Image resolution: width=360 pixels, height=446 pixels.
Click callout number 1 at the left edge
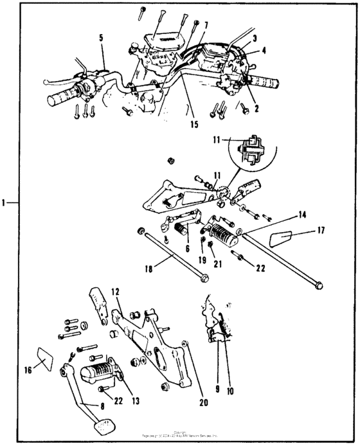click(x=4, y=203)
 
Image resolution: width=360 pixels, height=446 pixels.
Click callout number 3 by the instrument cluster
click(x=255, y=39)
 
